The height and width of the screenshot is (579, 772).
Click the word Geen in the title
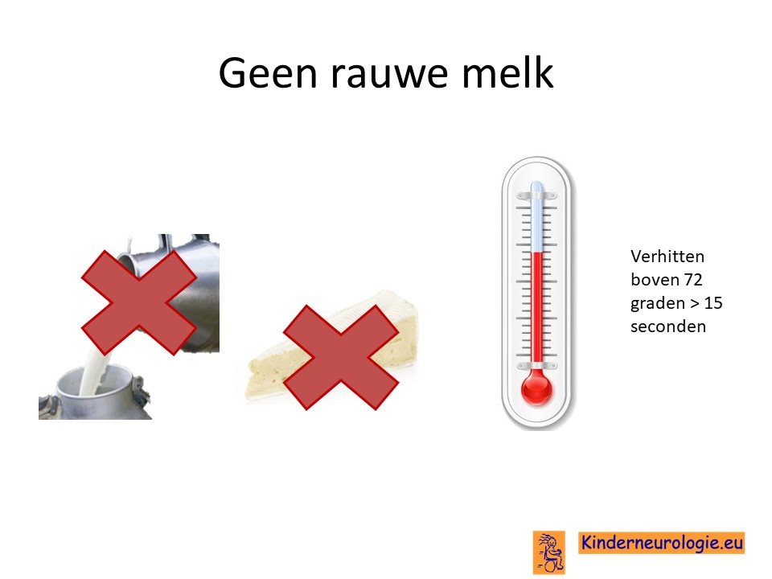point(268,73)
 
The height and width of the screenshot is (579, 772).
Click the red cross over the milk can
point(139,302)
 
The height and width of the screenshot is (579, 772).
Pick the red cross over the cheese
point(341,357)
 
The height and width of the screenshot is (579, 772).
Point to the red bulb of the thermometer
point(536,388)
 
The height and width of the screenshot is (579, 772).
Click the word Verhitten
point(667,256)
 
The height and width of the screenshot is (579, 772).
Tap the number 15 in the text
point(713,303)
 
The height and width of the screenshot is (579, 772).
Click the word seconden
point(668,326)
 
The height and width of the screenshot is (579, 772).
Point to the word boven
point(655,280)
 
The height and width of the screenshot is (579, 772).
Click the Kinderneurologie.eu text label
point(661,543)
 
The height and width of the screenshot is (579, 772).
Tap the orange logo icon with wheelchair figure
point(548,552)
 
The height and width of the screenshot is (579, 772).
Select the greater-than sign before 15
point(694,304)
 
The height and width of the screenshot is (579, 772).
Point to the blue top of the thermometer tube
point(536,216)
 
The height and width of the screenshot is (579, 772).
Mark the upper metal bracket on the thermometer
point(536,196)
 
